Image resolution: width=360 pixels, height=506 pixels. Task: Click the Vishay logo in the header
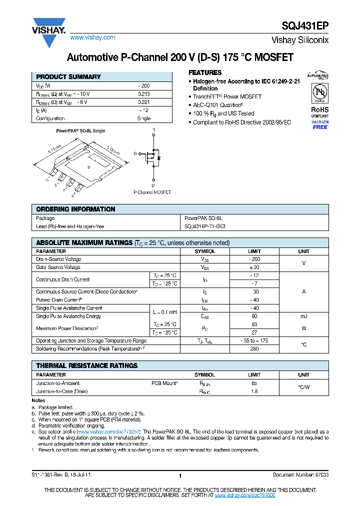tap(49, 30)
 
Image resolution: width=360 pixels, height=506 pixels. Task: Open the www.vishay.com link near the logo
tap(92, 37)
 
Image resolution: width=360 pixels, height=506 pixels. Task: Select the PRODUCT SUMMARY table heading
tap(68, 77)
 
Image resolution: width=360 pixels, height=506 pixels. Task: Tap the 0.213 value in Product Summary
tap(144, 94)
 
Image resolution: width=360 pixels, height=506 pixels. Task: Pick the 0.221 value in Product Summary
tap(144, 102)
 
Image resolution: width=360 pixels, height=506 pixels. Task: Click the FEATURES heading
tap(205, 72)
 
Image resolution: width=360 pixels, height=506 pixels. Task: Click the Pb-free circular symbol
tap(320, 93)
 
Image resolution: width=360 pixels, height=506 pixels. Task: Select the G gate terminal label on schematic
tap(134, 153)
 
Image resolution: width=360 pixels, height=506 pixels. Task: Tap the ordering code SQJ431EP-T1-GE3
tap(205, 226)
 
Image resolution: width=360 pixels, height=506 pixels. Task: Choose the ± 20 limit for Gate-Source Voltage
tap(254, 267)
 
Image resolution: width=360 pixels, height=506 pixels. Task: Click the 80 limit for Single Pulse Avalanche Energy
tap(254, 316)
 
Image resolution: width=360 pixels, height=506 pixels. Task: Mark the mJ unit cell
tap(304, 316)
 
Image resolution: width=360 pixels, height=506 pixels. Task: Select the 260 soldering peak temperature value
tap(254, 348)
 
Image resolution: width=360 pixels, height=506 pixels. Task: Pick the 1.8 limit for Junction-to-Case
tap(254, 391)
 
